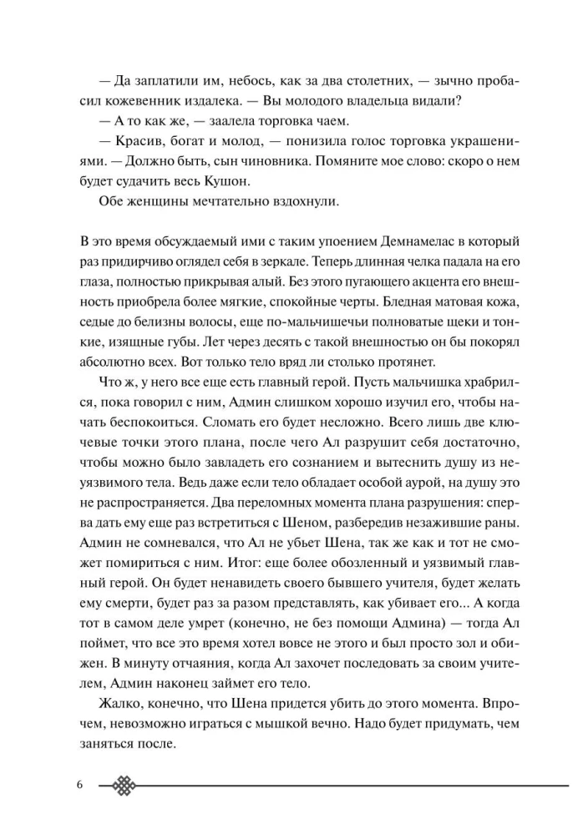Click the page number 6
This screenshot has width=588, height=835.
(x=79, y=786)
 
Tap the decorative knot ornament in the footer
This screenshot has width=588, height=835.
(x=124, y=786)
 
